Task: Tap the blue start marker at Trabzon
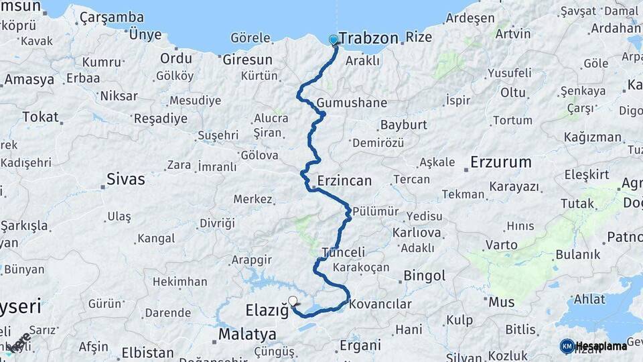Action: [x=334, y=40]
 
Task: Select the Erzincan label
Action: [x=344, y=181]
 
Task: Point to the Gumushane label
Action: [x=352, y=103]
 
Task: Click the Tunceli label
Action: [x=344, y=253]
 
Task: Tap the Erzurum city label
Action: [x=500, y=162]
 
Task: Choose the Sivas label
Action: [x=126, y=179]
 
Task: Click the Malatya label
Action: [x=247, y=334]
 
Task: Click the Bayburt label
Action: [x=403, y=125]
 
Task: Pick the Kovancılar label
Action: [x=380, y=304]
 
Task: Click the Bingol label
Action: [x=424, y=276]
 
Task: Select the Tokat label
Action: [x=40, y=117]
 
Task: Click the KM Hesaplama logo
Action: [x=593, y=346]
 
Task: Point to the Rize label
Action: [x=419, y=38]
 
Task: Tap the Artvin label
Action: [x=514, y=34]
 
